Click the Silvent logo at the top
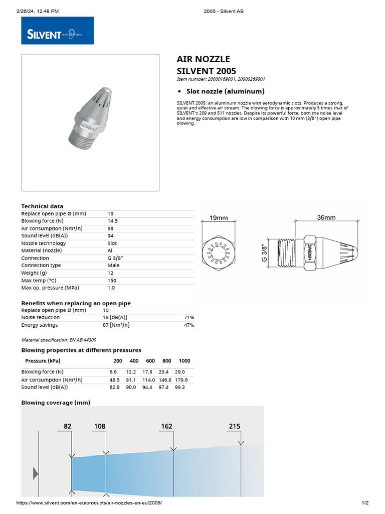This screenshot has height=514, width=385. click(57, 31)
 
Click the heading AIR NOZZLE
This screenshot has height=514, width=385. click(204, 59)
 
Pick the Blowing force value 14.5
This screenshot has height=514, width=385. click(113, 221)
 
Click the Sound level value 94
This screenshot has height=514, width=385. click(111, 236)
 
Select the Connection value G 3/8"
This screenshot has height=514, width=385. click(115, 258)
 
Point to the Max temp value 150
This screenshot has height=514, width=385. click(112, 280)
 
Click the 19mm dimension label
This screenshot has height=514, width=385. click(219, 218)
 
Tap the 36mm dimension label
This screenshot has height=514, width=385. click(326, 217)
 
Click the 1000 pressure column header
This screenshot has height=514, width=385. click(184, 361)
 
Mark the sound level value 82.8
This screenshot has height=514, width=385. click(116, 387)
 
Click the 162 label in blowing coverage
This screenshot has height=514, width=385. click(166, 426)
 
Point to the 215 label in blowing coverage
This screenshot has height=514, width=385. click(235, 426)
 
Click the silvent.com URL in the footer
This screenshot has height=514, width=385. click(90, 503)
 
